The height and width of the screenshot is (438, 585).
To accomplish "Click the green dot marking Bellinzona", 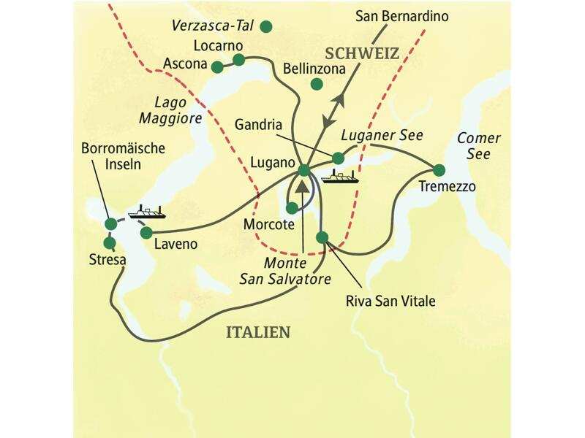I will click(x=317, y=84).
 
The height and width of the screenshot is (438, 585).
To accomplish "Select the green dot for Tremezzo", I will click(x=438, y=170).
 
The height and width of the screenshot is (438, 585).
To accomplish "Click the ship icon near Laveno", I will click(x=146, y=212).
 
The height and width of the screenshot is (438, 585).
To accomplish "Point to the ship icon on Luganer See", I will click(x=341, y=177).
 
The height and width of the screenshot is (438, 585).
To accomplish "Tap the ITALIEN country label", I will click(x=257, y=332).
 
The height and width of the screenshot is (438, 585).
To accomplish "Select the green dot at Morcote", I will click(x=292, y=208).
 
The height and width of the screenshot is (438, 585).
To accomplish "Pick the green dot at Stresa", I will click(x=110, y=242).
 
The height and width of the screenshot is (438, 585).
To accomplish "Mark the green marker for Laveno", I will click(x=146, y=233).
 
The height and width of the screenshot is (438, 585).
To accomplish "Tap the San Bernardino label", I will click(x=401, y=15).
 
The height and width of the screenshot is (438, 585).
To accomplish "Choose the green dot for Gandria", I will click(x=338, y=158).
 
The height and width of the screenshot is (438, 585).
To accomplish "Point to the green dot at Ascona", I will click(x=216, y=67).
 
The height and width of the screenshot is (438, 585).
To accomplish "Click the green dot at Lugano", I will click(x=303, y=172).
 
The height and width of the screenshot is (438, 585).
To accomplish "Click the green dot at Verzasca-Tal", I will click(x=266, y=27).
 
